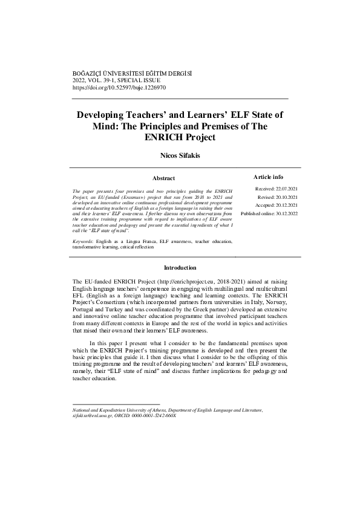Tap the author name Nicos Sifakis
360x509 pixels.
click(x=180, y=155)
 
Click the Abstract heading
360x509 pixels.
click(x=163, y=178)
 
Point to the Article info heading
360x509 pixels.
click(x=267, y=177)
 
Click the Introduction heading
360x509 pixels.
click(x=180, y=267)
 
